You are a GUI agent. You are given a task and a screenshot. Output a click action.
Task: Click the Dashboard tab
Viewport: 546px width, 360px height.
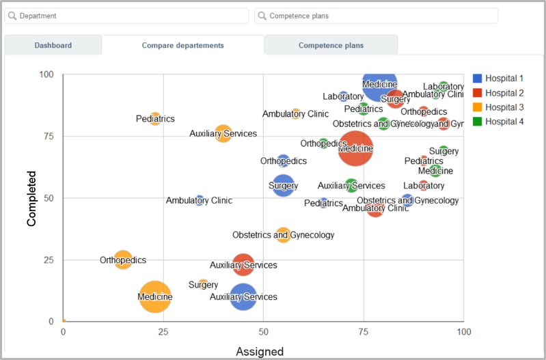[53, 46]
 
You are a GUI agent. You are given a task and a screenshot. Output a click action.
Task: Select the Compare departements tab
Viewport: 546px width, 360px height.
[182, 46]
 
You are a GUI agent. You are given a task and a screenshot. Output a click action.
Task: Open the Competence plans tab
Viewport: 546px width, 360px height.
[331, 46]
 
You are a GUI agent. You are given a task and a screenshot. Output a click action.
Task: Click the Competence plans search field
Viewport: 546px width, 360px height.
[377, 16]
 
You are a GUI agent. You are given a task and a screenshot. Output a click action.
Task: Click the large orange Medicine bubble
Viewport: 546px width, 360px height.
[155, 297]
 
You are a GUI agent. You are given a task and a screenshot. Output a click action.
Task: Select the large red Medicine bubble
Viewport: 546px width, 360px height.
[355, 148]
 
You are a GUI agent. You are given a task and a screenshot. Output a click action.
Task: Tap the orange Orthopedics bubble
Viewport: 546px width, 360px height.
[123, 260]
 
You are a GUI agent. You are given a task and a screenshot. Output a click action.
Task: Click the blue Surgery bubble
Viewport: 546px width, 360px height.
[284, 186]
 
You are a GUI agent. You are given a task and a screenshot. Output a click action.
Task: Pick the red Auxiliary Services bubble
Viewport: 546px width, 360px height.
[243, 265]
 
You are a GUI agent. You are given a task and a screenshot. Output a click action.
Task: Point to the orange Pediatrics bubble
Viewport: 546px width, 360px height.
[155, 119]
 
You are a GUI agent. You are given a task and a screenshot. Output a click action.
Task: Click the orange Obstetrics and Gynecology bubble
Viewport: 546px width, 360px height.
[283, 235]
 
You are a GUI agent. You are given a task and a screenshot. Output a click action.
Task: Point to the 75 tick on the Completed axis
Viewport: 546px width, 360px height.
[50, 136]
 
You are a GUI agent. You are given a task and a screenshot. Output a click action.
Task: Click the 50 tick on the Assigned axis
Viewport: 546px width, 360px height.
[264, 332]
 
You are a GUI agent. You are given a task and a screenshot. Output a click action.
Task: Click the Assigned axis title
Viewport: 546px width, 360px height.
[260, 352]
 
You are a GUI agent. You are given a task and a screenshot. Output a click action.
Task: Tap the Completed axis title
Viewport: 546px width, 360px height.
[31, 198]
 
